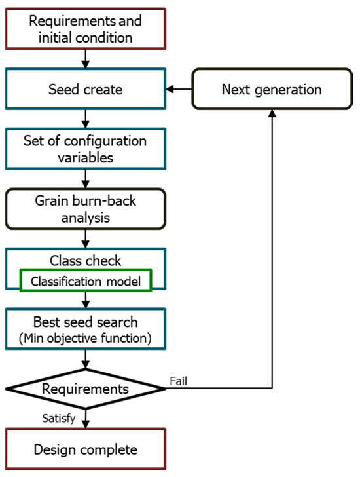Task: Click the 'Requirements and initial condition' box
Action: coord(86,28)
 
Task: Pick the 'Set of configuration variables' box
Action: coord(86,150)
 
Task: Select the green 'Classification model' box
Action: coord(86,280)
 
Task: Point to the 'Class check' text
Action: coord(86,260)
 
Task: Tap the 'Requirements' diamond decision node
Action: coord(86,389)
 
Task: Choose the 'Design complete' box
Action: coord(86,449)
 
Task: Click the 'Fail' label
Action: coord(179,380)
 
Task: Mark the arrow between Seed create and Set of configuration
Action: coord(86,120)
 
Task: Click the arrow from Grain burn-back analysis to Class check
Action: coord(86,241)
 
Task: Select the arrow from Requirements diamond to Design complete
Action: coord(86,419)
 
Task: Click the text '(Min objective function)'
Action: coord(86,338)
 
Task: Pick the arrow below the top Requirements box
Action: coord(86,58)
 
